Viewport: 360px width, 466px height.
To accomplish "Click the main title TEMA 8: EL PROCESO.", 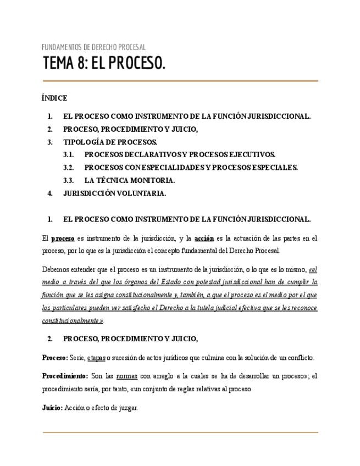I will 104,64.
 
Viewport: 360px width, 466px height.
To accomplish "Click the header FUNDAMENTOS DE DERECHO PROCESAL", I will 93,47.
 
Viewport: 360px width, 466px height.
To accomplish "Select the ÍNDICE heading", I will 54,98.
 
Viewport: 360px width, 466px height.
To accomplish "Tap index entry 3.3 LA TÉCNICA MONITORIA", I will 129,180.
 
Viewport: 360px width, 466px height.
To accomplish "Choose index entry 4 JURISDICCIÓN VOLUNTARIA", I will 114,193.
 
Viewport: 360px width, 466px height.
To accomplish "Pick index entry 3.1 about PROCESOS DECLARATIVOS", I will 180,155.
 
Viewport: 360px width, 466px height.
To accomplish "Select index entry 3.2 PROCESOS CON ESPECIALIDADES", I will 191,168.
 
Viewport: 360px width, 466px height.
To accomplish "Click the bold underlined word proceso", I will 63,238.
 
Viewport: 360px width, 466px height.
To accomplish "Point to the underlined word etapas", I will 96,358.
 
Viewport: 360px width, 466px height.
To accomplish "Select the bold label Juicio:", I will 52,408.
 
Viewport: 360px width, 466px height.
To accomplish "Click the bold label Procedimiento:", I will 65,376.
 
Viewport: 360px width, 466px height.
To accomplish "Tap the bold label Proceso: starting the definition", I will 55,358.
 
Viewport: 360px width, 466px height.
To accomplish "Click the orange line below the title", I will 180,81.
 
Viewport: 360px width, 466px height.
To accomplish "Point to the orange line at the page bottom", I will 180,432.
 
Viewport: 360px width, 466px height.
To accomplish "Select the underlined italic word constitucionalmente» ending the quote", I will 73,321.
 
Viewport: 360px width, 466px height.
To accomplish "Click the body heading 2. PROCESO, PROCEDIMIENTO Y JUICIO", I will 130,339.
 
